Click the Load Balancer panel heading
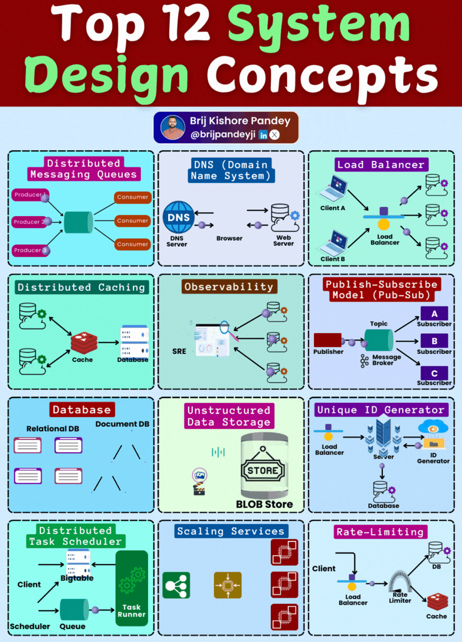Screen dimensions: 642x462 381,165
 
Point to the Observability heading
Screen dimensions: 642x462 228,287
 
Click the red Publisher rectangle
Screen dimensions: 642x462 328,340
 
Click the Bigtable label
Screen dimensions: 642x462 77,578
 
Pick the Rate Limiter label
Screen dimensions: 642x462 400,597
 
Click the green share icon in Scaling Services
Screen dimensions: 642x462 176,585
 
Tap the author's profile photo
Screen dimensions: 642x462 173,127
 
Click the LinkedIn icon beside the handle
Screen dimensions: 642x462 263,134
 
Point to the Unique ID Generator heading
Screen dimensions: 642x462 380,410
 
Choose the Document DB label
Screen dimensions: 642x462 122,424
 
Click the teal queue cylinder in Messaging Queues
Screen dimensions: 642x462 78,222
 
